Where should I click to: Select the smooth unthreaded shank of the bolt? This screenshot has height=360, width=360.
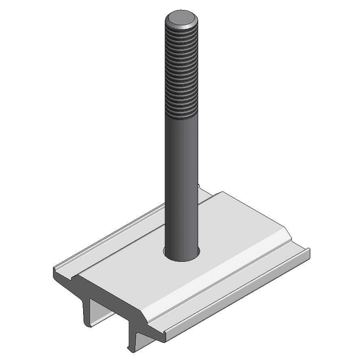coord(181,183)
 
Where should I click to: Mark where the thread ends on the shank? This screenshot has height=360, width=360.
coord(181,117)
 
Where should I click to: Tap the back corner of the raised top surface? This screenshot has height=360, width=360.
coord(224,192)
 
